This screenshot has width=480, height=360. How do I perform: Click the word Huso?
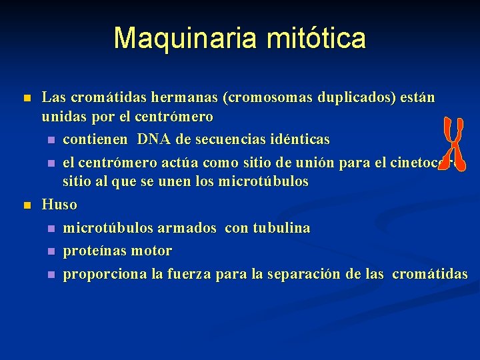(x=59, y=205)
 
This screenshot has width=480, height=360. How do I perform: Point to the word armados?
(x=187, y=228)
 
